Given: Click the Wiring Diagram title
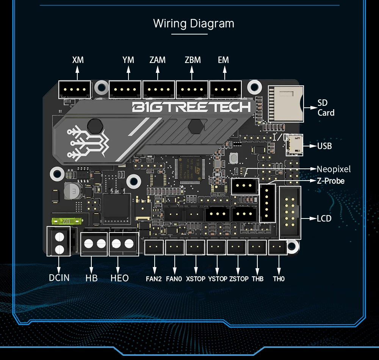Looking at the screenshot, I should coord(194,24).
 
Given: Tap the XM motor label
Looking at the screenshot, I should coord(78,60).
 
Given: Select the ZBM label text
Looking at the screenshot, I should coord(193,60).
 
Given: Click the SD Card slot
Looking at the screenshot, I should coord(286,104).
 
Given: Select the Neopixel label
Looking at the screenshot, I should coord(334,169).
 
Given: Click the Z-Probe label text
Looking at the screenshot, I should coord(330,181).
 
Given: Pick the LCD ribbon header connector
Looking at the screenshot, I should coord(290,212).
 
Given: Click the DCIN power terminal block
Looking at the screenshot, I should coord(59,241).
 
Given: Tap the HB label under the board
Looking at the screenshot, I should coord(91,278).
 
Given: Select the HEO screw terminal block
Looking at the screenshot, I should coord(123,243).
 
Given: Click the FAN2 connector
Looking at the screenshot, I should coord(154,247).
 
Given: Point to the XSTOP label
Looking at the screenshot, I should coord(196,279).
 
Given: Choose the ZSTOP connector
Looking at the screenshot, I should coord(236,247).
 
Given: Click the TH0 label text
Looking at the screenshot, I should coord(279,279).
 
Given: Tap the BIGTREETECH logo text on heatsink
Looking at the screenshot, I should coord(191,107).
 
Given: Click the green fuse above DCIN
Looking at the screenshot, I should coord(67,221).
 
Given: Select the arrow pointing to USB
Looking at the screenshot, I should coord(310,145).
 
